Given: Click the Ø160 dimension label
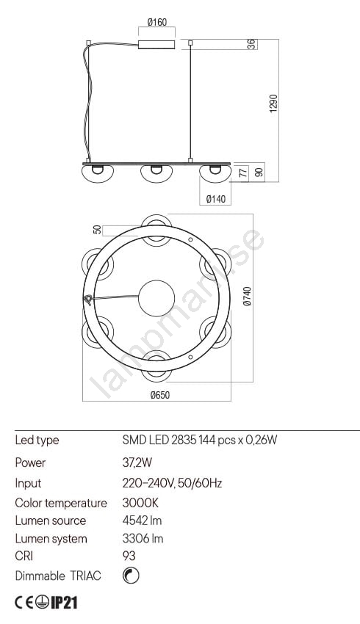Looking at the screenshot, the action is coord(157,22).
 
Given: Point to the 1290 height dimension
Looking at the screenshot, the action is coord(273,104).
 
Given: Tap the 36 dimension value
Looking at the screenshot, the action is coord(252,44).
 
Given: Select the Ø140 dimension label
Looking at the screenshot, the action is coord(216,199).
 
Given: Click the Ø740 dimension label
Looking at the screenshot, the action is coord(248,296).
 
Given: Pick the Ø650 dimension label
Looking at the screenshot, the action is coord(160,395).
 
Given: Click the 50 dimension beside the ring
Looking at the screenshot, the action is coord(97,230).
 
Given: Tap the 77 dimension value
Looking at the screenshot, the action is coord(243,173).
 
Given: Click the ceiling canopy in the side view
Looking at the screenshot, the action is coord(156,44).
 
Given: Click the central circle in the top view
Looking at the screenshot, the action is coord(156,298).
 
